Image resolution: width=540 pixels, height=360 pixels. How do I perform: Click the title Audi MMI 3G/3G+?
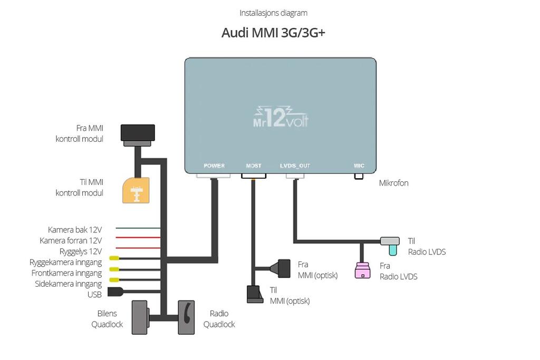pos(273,33)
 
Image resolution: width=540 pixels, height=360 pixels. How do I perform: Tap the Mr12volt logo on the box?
pos(281,116)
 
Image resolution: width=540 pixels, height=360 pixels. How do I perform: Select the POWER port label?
pos(214,166)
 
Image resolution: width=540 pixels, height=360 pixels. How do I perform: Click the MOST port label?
pos(254,166)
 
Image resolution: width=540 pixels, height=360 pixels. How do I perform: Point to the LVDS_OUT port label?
pos(295,166)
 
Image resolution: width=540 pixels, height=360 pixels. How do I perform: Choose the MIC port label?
pos(359,166)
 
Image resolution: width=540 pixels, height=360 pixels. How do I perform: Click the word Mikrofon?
pos(393,183)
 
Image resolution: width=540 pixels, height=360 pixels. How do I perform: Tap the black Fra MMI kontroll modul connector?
pos(138,135)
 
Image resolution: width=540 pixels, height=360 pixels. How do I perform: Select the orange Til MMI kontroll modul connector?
pos(136,190)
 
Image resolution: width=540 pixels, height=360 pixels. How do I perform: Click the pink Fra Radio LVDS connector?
pos(363,270)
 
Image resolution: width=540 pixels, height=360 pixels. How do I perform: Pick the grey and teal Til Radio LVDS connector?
pos(391,245)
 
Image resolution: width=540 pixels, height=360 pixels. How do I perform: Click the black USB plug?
pos(115,292)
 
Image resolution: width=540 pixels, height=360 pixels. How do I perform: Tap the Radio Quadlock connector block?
pos(186,317)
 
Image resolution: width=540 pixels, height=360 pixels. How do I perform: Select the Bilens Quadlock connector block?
pos(140,317)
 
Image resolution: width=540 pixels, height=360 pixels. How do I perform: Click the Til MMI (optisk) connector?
pos(255,294)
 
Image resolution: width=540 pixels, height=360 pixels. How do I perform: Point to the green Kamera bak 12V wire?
pos(138,228)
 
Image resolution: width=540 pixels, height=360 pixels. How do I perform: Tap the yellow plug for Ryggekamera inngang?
pos(114,258)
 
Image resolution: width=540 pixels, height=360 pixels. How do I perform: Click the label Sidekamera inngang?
pos(68,284)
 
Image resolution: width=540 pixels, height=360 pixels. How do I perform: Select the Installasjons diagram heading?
pos(274,13)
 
